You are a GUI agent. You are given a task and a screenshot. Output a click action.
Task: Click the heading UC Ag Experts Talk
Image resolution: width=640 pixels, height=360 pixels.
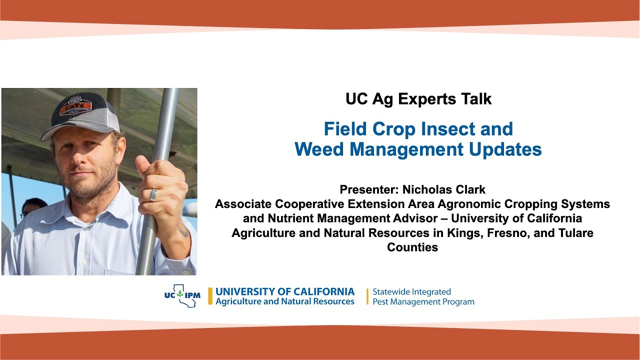coord(418,99)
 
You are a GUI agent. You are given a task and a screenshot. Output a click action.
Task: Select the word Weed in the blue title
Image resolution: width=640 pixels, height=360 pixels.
coord(321,149)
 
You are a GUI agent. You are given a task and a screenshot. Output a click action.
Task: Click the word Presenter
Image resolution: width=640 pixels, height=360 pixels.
coord(368,190)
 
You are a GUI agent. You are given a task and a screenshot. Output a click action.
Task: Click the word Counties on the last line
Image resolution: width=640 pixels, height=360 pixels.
coord(412,247)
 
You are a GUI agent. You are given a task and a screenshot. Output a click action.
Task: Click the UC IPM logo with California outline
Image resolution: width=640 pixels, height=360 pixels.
coord(182,295)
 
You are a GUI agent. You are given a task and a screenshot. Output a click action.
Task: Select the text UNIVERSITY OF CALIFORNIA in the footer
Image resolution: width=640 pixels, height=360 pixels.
coord(285,291)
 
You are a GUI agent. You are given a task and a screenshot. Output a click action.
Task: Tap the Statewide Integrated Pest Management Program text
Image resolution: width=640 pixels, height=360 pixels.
coord(423,296)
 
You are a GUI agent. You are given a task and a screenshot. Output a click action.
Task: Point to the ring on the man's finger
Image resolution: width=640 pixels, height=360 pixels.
coord(154,194)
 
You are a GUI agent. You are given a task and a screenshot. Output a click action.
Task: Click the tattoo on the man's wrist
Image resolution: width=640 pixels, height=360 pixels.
coord(183,231)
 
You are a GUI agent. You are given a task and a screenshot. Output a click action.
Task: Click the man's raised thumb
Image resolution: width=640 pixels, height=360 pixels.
coord(142,164)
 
